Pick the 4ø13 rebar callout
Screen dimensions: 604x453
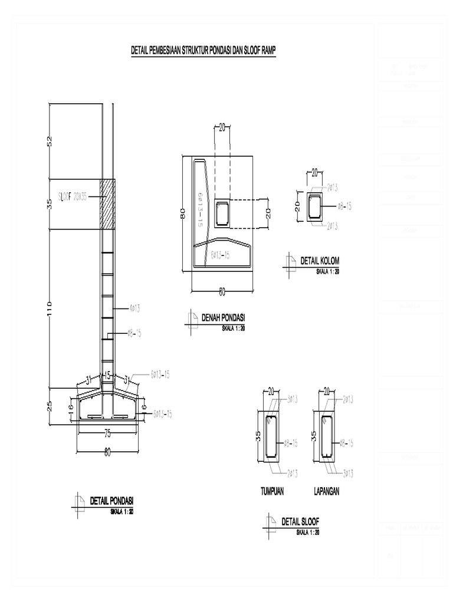click(x=133, y=307)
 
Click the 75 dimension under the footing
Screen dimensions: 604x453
click(x=107, y=434)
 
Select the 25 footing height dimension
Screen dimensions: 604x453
click(x=50, y=406)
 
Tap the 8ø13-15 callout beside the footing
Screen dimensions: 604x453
click(x=163, y=413)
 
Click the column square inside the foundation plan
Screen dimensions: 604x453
click(x=223, y=214)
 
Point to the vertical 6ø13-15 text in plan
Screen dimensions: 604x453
click(x=201, y=209)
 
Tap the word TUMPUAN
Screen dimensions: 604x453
click(x=272, y=491)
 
